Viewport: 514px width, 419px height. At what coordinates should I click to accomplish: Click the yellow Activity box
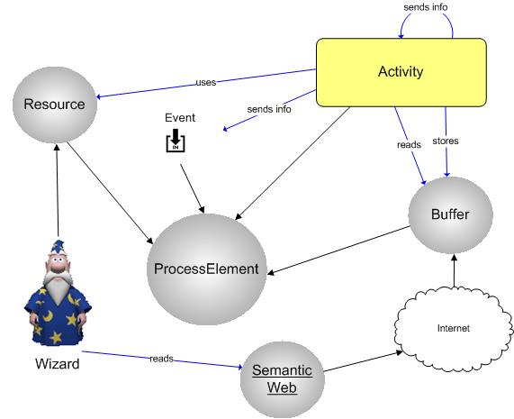pos(401,72)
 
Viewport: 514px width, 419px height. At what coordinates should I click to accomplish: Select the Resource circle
pos(55,105)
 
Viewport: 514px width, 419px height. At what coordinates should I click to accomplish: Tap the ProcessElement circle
pos(206,269)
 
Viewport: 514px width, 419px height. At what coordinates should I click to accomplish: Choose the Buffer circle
pos(450,215)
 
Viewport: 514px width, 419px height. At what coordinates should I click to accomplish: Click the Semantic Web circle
pos(283,379)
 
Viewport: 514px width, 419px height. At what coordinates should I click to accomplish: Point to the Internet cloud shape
pos(454,328)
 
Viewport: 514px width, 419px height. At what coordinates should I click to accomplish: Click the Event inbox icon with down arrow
pos(176,140)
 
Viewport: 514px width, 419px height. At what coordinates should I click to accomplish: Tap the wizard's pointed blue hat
pos(58,247)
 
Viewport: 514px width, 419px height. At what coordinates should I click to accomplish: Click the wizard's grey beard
pos(58,287)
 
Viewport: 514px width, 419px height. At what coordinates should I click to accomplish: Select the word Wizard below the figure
pos(58,364)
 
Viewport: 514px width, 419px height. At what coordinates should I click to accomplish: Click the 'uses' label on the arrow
pos(206,82)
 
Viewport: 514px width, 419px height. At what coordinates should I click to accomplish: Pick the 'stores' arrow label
pos(446,141)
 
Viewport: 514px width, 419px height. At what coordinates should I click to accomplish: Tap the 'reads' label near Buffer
pos(409,145)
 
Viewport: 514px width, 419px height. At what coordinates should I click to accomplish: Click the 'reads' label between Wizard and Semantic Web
pos(161,359)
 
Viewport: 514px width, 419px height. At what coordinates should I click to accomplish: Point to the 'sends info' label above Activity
pos(426,7)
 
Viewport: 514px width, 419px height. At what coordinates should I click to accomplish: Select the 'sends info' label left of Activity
pos(269,109)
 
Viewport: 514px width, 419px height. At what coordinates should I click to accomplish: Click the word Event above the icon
pos(180,117)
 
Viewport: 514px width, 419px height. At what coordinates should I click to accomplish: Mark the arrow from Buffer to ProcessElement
pos(338,250)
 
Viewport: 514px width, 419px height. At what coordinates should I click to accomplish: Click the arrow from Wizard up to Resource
pos(58,190)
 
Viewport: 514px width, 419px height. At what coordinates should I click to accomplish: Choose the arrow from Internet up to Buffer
pos(454,270)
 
